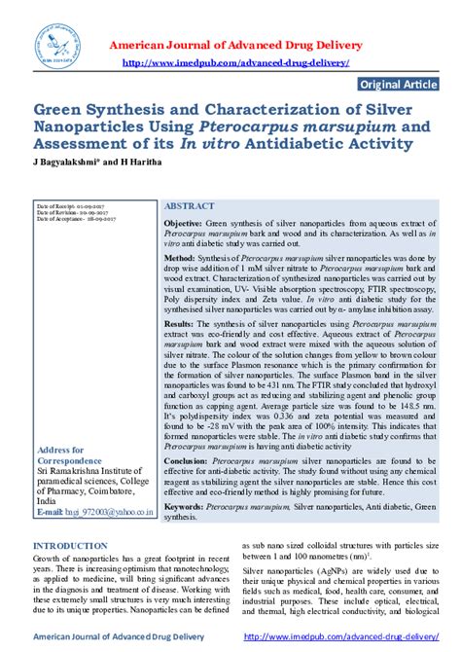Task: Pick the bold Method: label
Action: click(180, 261)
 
